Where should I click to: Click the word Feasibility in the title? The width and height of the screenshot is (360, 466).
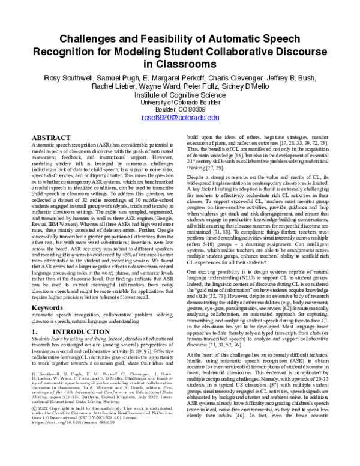point(148,40)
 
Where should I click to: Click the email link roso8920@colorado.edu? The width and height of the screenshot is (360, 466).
point(180,119)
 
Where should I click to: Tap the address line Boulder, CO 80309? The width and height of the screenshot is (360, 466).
point(180,111)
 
